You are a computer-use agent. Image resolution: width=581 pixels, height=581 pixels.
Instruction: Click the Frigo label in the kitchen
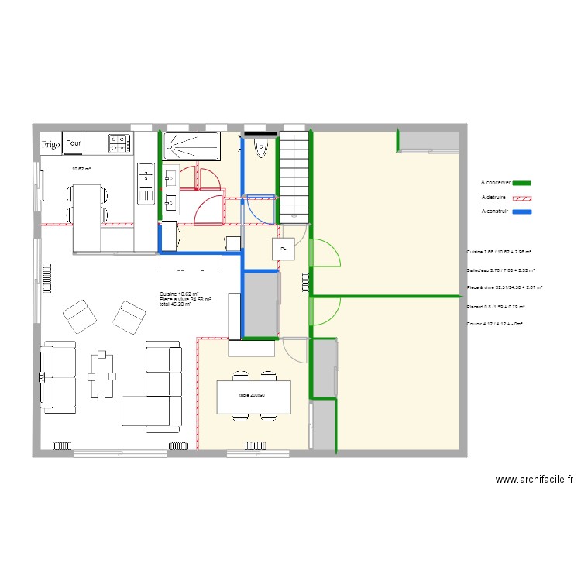coord(51,143)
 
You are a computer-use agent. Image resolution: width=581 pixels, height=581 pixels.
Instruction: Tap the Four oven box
coord(74,143)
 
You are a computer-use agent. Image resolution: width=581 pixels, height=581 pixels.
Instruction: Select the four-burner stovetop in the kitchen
coord(119,143)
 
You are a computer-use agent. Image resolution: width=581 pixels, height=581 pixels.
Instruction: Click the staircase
coord(295,174)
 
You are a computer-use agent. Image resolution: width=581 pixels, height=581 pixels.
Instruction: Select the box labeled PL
coord(283,249)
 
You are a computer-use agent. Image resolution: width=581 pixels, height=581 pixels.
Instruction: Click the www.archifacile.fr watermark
coord(534,480)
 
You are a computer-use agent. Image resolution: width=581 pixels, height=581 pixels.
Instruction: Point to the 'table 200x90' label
coord(253,396)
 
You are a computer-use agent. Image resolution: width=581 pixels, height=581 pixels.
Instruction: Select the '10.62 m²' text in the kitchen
coord(81,169)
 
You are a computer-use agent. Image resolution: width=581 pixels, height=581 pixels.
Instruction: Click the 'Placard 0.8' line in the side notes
coord(495,307)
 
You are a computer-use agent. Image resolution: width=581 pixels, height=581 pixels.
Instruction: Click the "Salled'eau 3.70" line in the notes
coord(500,270)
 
